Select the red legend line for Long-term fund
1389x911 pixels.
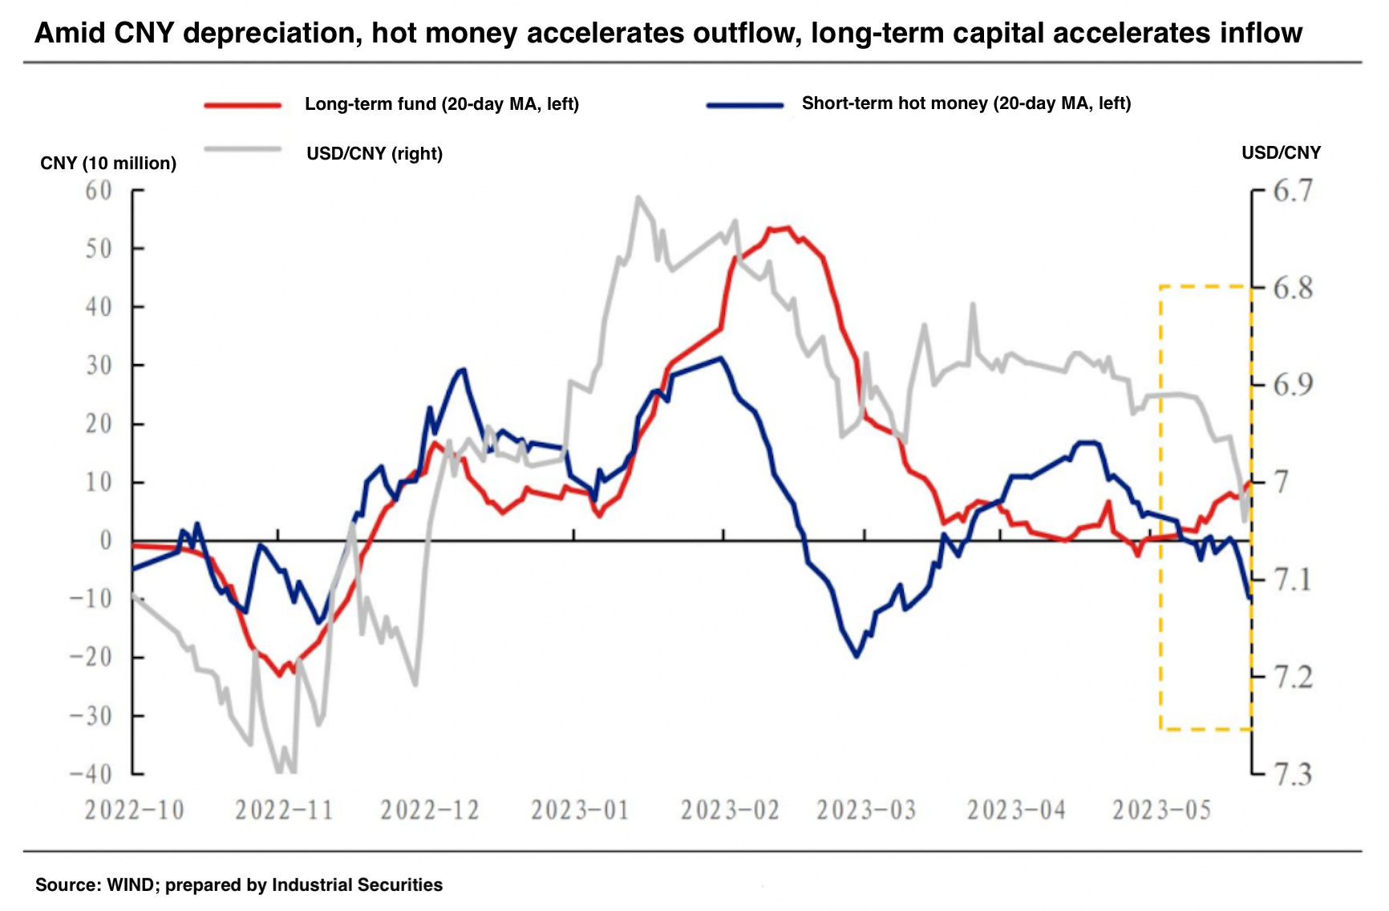coord(242,105)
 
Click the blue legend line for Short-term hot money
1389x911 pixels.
coord(744,105)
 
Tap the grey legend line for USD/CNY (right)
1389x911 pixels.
coord(242,149)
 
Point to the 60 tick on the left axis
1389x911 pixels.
coord(99,191)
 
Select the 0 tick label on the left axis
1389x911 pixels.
coord(105,541)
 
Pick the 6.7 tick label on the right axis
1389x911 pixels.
coord(1293,191)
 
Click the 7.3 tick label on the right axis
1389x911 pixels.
coord(1293,775)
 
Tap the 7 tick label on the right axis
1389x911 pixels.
coord(1282,482)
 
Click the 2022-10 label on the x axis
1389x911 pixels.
coord(134,811)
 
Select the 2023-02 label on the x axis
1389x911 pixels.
coord(730,811)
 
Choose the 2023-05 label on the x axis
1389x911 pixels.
coord(1161,811)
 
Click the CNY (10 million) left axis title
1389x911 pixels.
coord(108,164)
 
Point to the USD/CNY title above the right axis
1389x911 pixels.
coord(1281,153)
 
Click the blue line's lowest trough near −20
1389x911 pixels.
coord(856,656)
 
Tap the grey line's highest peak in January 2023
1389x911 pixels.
coord(638,197)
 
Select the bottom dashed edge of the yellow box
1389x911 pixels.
coord(1206,729)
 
